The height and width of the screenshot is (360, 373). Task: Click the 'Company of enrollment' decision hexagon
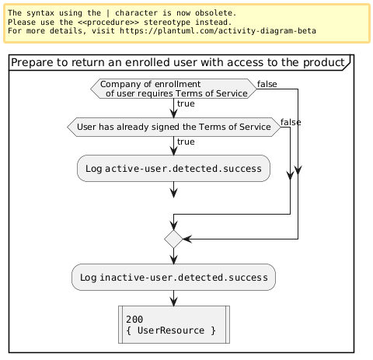coord(173,89)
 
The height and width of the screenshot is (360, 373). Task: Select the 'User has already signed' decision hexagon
coord(174,127)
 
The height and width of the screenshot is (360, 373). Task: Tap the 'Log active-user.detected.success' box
coord(173,169)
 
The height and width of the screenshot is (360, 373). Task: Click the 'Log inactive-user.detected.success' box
coord(173,277)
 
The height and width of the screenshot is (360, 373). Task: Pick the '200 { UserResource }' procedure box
coord(174,324)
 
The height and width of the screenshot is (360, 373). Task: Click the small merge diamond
coord(173,239)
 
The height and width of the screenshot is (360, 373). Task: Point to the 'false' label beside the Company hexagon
coord(267,84)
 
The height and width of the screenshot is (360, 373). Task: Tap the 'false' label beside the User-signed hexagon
coord(291,122)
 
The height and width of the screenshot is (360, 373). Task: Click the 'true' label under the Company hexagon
coord(186,103)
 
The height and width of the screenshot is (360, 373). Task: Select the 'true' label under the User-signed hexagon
coord(186,142)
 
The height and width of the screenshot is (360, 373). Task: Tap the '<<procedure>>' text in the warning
coord(108,23)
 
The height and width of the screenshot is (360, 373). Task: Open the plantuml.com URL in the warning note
coord(218,31)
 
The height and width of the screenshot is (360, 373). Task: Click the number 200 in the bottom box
coord(134,320)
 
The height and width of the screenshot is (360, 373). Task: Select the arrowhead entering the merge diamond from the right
coord(187,239)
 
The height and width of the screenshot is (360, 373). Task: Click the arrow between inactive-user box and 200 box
coord(173,298)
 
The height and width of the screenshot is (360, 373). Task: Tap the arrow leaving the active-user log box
coord(173,190)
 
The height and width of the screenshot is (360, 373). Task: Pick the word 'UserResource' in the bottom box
coord(171,330)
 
